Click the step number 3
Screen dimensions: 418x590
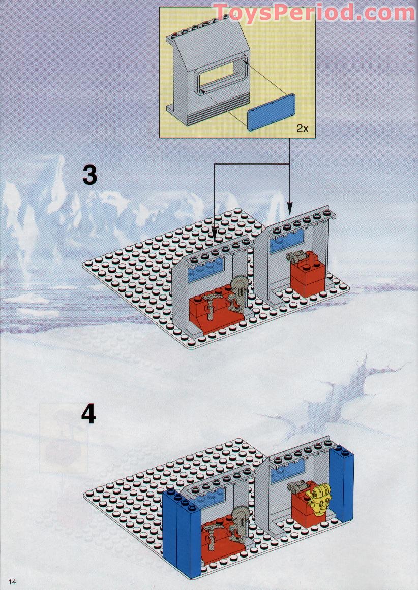(x=89, y=175)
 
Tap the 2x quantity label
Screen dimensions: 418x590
(x=302, y=128)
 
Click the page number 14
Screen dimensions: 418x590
(x=12, y=582)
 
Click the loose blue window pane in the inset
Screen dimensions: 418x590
(x=272, y=112)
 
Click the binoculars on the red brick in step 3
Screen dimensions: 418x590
(x=294, y=257)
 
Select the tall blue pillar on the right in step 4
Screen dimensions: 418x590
(x=342, y=483)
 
